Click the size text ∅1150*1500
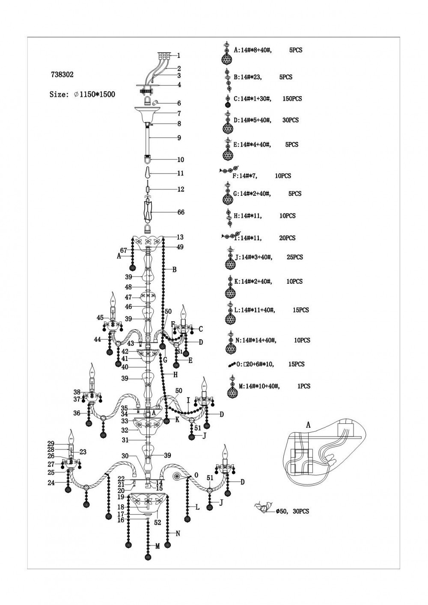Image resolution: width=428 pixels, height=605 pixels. (94, 94)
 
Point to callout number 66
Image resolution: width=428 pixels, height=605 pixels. (181, 212)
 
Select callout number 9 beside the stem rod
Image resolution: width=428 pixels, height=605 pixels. (179, 138)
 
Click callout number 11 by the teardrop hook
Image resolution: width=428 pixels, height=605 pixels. (180, 173)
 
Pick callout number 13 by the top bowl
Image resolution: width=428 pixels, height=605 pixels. (180, 237)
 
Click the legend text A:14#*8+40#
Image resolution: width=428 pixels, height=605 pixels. (252, 50)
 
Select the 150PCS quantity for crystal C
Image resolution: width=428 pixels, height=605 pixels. (292, 99)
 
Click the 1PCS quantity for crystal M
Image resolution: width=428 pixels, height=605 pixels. (303, 386)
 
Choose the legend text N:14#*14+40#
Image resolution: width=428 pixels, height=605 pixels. (256, 340)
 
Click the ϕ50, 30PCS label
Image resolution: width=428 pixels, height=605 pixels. (292, 511)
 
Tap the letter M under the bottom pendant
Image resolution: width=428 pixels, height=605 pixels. (157, 546)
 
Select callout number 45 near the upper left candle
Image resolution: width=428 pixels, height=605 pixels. (100, 317)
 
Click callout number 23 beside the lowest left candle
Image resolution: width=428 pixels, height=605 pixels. (83, 452)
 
